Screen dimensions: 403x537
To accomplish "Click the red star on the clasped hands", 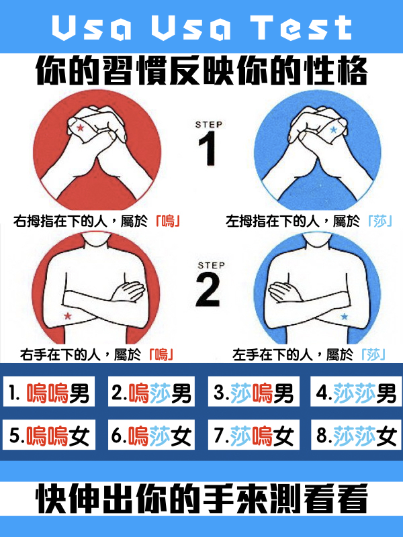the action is pyautogui.click(x=80, y=128).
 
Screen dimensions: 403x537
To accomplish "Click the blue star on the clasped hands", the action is pyautogui.click(x=333, y=130).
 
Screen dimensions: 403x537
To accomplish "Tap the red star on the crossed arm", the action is pyautogui.click(x=68, y=315).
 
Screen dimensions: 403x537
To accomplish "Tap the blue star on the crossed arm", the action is pyautogui.click(x=344, y=316).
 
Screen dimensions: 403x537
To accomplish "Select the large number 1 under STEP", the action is pyautogui.click(x=208, y=148).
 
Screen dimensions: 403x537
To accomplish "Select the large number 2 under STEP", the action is pyautogui.click(x=208, y=289).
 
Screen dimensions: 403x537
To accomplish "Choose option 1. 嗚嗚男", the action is pyautogui.click(x=49, y=391).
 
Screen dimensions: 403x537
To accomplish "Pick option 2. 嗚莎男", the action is pyautogui.click(x=152, y=391).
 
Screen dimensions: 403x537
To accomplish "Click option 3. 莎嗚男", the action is pyautogui.click(x=254, y=391).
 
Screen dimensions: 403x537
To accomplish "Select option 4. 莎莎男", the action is pyautogui.click(x=356, y=391).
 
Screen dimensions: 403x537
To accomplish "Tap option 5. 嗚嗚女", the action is pyautogui.click(x=49, y=434).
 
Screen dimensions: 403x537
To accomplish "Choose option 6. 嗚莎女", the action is pyautogui.click(x=152, y=434).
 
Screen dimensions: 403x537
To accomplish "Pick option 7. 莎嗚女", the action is pyautogui.click(x=254, y=434).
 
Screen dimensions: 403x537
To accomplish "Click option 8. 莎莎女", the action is pyautogui.click(x=356, y=434).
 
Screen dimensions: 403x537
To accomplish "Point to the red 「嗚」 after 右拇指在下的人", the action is pyautogui.click(x=168, y=222).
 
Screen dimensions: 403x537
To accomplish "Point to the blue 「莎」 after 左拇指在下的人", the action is pyautogui.click(x=379, y=222).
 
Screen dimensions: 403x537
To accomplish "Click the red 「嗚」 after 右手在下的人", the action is pyautogui.click(x=161, y=354).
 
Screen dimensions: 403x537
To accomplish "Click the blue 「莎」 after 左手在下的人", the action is pyautogui.click(x=373, y=354).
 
